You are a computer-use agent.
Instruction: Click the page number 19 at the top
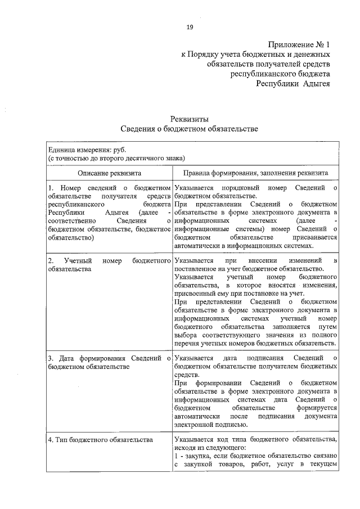[x=190, y=27]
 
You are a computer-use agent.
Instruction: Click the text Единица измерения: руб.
[x=87, y=150]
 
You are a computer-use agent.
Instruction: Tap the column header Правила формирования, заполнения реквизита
[x=255, y=174]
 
